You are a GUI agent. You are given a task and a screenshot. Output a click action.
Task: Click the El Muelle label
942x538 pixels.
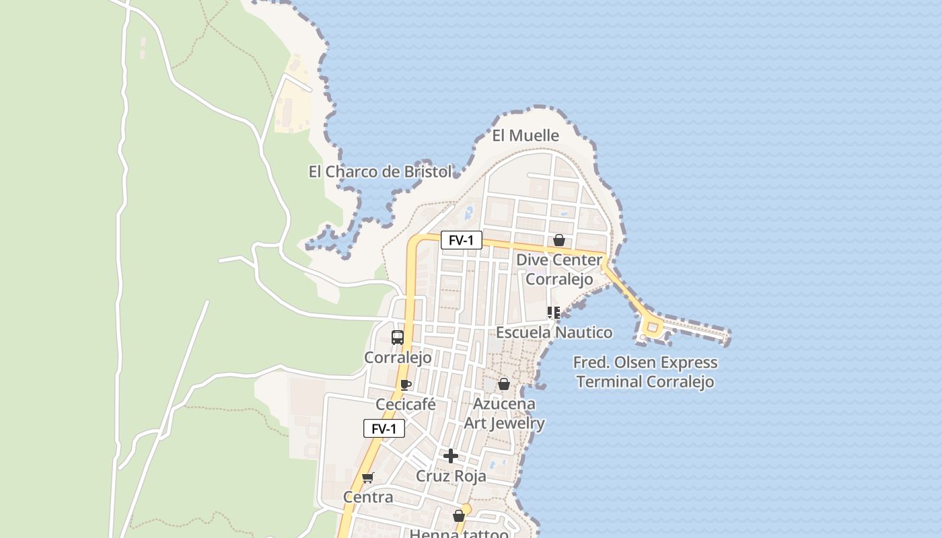(x=526, y=136)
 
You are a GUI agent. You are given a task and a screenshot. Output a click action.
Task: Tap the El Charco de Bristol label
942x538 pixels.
(x=380, y=172)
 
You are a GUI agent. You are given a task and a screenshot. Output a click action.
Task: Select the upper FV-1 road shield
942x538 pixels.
(x=462, y=240)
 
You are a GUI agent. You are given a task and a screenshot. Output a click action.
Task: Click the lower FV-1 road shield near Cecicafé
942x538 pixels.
(x=384, y=428)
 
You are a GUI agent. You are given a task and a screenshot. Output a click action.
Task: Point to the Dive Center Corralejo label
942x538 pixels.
(x=559, y=269)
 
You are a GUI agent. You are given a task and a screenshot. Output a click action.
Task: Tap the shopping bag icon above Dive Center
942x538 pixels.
(x=558, y=240)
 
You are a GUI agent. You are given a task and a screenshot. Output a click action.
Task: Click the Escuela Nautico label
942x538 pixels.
(x=554, y=332)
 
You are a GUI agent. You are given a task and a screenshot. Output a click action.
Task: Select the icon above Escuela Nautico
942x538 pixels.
(x=554, y=312)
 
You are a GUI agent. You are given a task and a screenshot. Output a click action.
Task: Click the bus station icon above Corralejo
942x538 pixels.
(x=398, y=338)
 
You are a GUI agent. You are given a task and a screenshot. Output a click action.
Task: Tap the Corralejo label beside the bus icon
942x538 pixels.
(x=398, y=357)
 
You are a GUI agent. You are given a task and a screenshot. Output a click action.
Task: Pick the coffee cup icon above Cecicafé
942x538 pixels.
(x=406, y=385)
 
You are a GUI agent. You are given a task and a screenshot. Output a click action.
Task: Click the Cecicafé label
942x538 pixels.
(x=406, y=405)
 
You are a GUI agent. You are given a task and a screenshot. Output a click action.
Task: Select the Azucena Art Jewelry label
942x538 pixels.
(x=504, y=414)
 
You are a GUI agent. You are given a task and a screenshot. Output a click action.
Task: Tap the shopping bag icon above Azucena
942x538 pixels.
(x=503, y=384)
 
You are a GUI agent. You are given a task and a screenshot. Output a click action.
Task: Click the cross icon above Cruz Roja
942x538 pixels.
(x=451, y=456)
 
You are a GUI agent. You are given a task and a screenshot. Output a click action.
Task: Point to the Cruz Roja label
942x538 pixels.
(x=451, y=476)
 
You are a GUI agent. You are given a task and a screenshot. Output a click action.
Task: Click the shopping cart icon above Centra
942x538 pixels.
(x=367, y=478)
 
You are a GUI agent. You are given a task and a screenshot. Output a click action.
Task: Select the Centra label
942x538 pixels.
(x=368, y=498)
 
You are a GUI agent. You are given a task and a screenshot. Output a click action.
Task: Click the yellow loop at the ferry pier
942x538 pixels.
(x=651, y=328)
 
